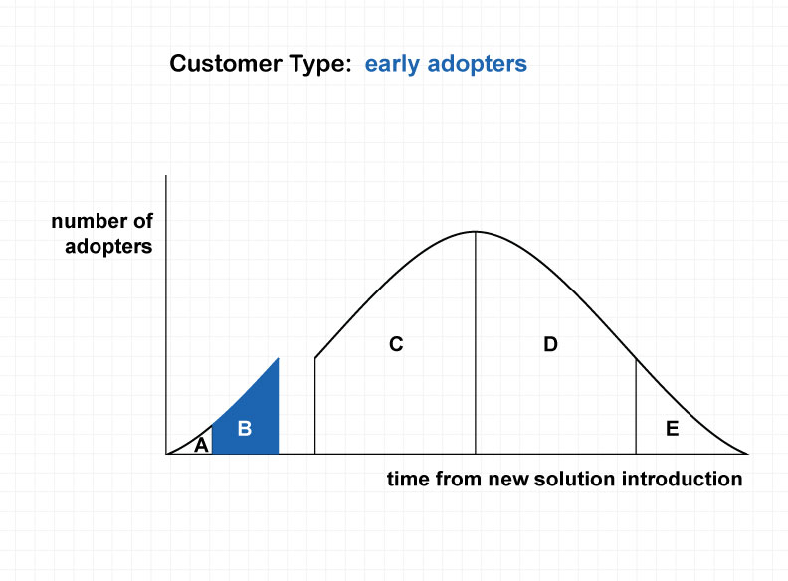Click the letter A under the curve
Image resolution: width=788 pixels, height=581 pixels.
click(201, 445)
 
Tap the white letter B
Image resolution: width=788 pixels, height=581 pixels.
click(244, 428)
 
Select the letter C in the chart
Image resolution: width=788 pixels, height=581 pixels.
click(396, 344)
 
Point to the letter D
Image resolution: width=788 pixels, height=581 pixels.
click(551, 344)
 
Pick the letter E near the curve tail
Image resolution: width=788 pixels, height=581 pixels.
click(672, 428)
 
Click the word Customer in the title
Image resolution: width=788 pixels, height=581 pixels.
click(226, 64)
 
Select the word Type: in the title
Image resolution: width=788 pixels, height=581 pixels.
click(319, 65)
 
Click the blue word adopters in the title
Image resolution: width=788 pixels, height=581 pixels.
click(477, 65)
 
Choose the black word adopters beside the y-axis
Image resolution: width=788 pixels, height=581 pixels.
click(108, 247)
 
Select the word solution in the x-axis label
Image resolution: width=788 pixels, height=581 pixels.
click(574, 479)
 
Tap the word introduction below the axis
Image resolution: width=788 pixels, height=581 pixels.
click(682, 479)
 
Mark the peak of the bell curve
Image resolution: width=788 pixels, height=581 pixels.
click(476, 232)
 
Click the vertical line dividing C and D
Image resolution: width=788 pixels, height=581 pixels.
click(476, 343)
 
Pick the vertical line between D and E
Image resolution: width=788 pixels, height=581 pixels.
click(636, 407)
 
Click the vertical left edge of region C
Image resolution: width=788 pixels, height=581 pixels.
click(315, 406)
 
